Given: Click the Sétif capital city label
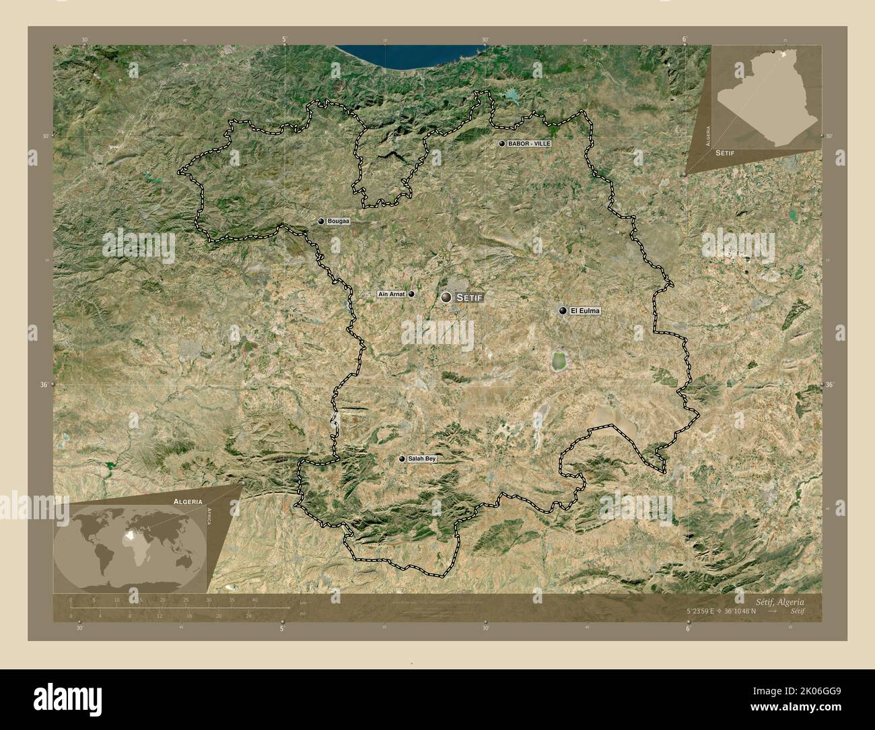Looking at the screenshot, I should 470,297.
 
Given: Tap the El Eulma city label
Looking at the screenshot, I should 584,311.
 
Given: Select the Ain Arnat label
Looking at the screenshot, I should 390,294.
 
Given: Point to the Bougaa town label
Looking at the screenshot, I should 339,221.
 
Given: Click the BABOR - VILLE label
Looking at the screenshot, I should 529,144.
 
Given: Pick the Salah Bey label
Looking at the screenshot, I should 422,459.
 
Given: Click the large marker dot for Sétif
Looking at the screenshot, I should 447,297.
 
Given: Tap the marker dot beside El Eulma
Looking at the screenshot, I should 563,310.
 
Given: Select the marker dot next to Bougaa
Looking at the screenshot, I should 322,221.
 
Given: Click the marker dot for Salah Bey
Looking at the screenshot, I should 403,459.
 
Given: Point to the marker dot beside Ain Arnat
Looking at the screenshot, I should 411,294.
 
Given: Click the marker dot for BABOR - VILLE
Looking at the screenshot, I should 501,144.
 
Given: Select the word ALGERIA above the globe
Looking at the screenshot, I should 187,502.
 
